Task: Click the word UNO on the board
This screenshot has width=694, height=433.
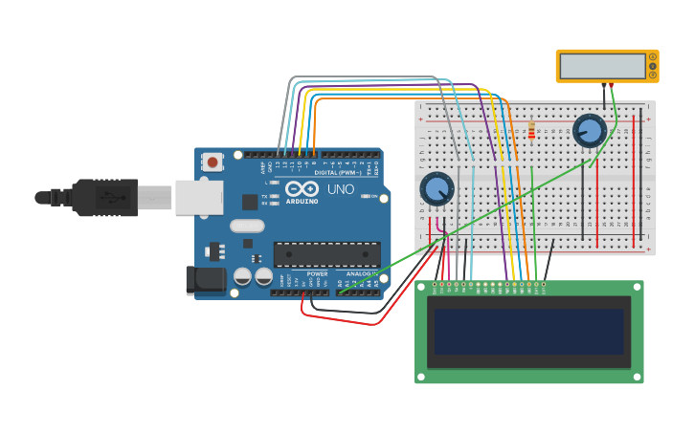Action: (x=342, y=189)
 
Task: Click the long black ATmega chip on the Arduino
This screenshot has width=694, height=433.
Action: (x=326, y=254)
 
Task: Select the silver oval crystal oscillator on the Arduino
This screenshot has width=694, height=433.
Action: (x=246, y=227)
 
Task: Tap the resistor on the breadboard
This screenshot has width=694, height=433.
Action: (x=531, y=130)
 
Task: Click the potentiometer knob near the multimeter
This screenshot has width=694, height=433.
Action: (x=590, y=130)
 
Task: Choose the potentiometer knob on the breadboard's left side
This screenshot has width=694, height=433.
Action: (x=437, y=188)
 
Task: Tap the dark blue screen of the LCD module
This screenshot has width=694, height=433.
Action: (x=528, y=331)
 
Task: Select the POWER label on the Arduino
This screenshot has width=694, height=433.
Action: (x=317, y=273)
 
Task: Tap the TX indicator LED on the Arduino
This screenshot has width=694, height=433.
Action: (x=276, y=196)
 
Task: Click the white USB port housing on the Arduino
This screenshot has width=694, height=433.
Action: (x=198, y=198)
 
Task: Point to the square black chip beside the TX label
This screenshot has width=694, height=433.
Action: (x=250, y=202)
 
